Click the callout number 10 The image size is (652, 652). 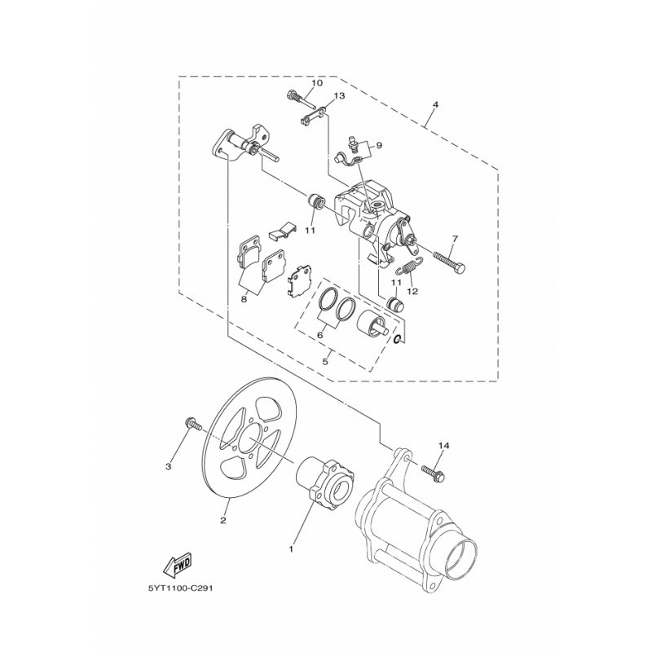(x=316, y=83)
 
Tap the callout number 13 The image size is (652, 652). (x=339, y=96)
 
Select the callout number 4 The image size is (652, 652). (x=435, y=105)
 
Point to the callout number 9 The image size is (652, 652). (x=378, y=145)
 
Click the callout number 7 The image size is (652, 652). (x=455, y=239)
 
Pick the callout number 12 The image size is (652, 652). (x=412, y=291)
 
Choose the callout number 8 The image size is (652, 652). (x=244, y=299)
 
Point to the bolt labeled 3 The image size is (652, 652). (x=192, y=424)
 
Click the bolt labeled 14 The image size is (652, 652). (x=433, y=474)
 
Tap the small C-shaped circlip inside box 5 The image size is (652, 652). (x=398, y=340)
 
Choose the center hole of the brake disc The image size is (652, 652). (x=249, y=442)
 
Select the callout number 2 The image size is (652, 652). (x=223, y=520)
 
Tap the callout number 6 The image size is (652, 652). (x=319, y=334)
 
